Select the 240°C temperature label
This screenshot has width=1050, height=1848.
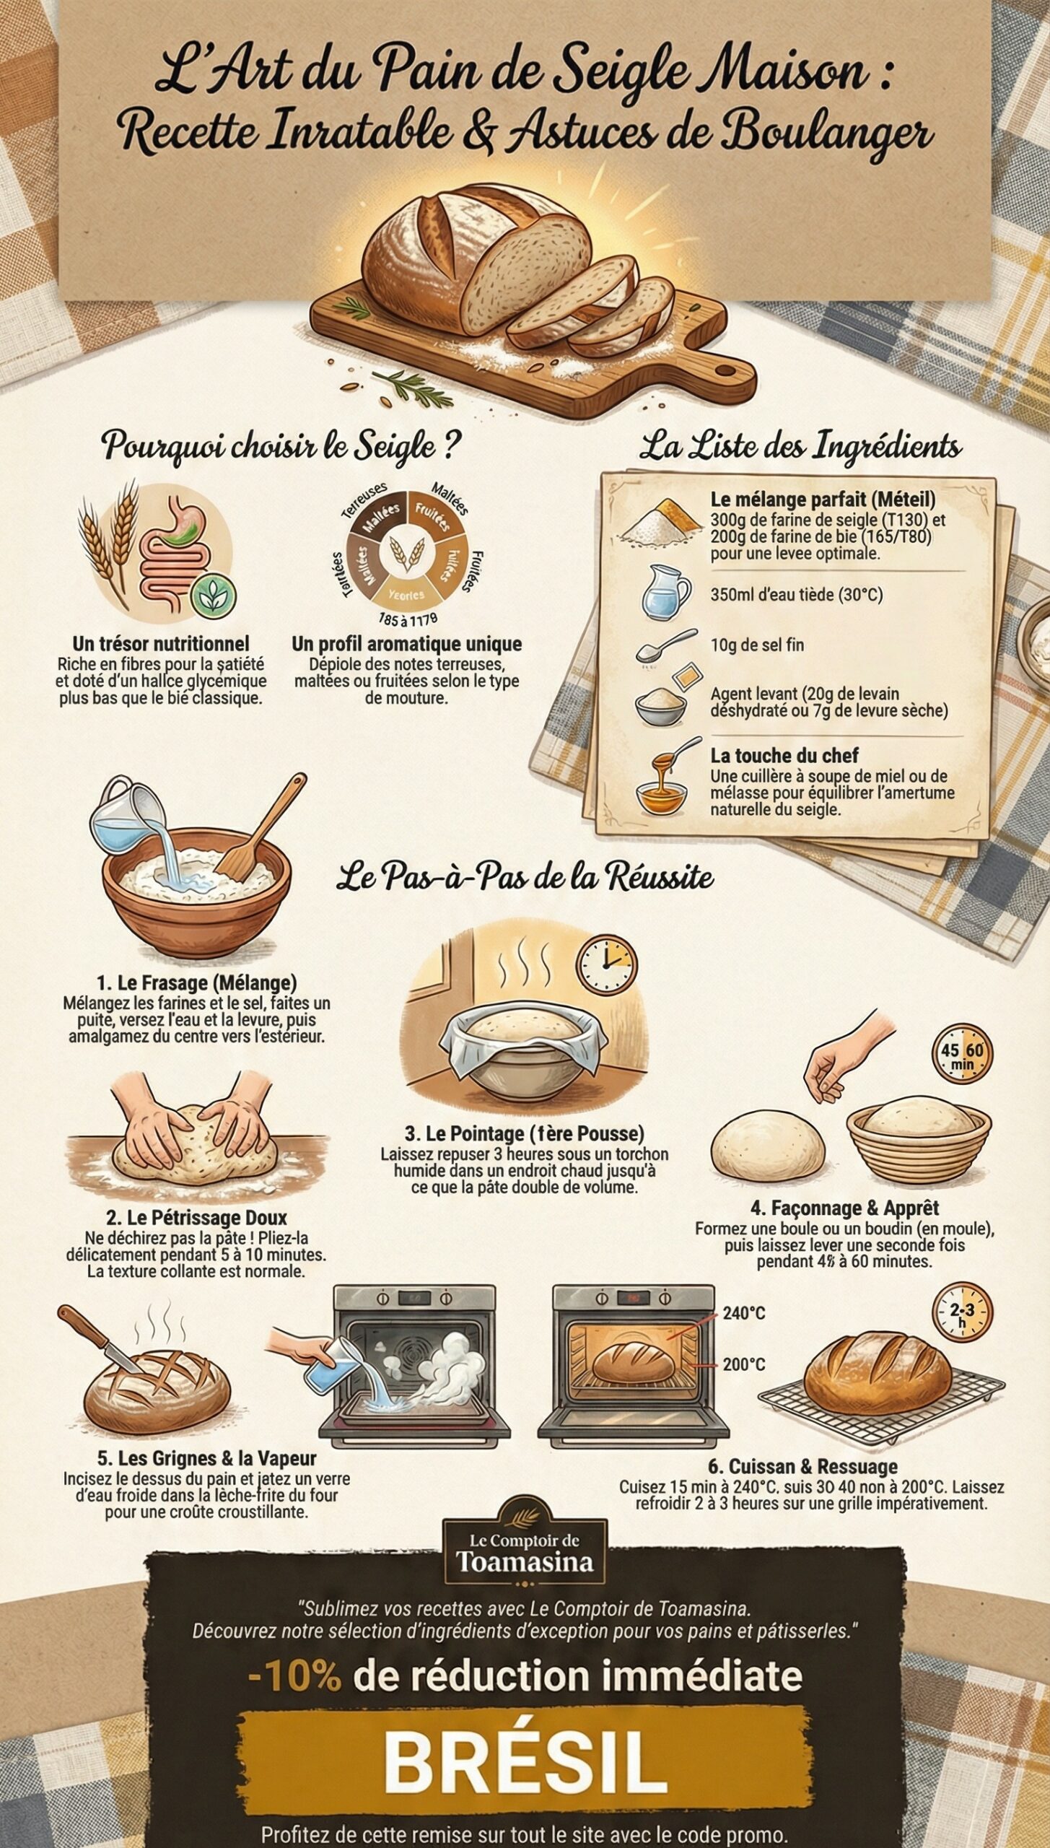[743, 1313]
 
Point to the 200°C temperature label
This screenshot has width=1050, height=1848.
[743, 1364]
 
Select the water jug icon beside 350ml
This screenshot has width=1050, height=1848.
[665, 593]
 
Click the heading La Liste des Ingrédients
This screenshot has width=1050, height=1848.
[800, 447]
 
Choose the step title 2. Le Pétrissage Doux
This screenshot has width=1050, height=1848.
[196, 1218]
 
